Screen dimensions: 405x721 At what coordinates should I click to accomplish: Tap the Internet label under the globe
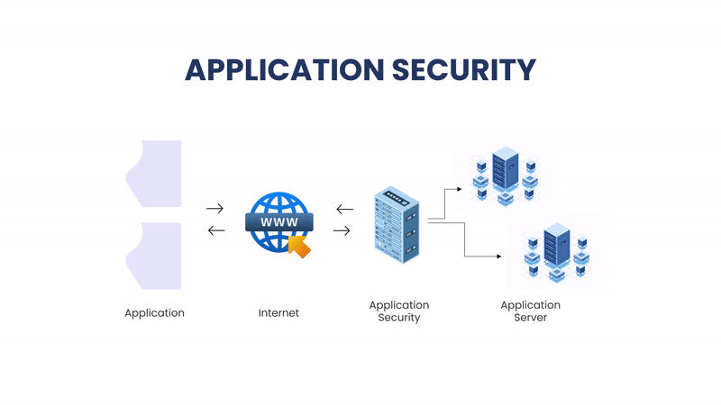click(x=278, y=313)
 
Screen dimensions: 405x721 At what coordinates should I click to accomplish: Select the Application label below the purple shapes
click(x=154, y=313)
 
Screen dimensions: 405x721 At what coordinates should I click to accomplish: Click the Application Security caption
click(x=399, y=311)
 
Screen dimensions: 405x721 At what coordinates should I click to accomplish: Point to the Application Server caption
click(x=530, y=311)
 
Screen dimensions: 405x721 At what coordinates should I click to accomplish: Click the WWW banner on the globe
click(x=278, y=221)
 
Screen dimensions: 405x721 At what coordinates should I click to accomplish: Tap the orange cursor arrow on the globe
click(x=299, y=246)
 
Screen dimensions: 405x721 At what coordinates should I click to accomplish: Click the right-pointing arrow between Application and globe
click(x=215, y=208)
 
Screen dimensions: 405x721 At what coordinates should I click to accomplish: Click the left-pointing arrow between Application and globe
click(x=215, y=230)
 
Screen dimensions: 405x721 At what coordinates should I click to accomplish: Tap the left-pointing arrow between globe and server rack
click(x=344, y=209)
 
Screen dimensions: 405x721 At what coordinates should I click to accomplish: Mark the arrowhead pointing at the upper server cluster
click(x=459, y=190)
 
